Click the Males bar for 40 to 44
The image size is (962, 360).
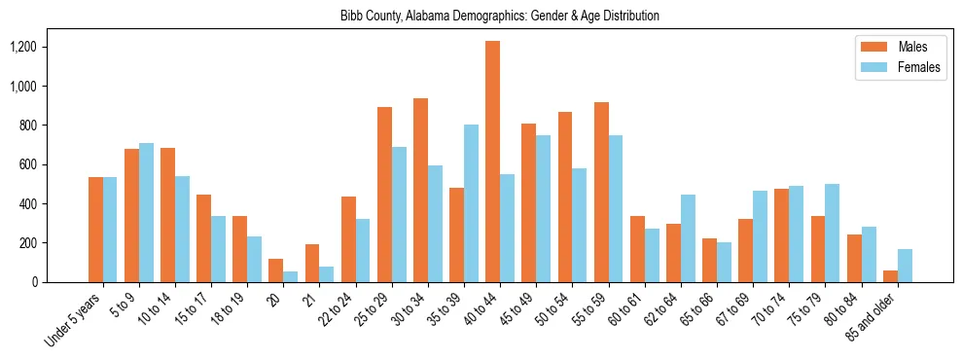pos(493,162)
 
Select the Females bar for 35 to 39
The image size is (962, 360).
pos(471,203)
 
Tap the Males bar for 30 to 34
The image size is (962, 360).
pos(420,191)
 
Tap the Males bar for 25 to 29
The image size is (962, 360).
pos(384,195)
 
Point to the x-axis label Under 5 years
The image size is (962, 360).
pos(76,319)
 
